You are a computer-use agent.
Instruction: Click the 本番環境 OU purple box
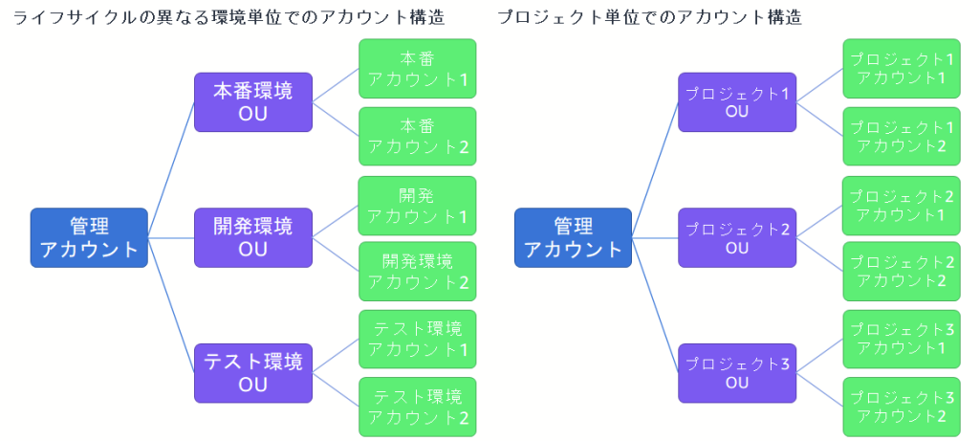pyautogui.click(x=253, y=102)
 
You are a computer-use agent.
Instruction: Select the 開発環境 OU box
pyautogui.click(x=253, y=238)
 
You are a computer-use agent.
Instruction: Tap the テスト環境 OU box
pyautogui.click(x=253, y=373)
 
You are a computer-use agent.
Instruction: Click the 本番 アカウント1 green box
pyautogui.click(x=417, y=69)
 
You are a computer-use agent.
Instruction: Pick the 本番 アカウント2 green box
pyautogui.click(x=417, y=136)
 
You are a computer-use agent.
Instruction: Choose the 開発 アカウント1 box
pyautogui.click(x=417, y=206)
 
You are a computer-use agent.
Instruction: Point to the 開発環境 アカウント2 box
pyautogui.click(x=417, y=272)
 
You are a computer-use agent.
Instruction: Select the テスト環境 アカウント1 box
pyautogui.click(x=417, y=340)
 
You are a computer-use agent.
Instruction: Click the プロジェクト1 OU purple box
pyautogui.click(x=737, y=102)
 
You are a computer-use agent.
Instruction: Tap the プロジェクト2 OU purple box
pyautogui.click(x=737, y=238)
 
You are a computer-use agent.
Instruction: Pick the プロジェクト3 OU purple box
pyautogui.click(x=737, y=373)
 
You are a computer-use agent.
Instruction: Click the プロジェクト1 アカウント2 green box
pyautogui.click(x=902, y=136)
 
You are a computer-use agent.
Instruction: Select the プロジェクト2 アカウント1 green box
pyautogui.click(x=902, y=206)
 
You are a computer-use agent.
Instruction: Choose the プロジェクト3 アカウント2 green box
pyautogui.click(x=902, y=407)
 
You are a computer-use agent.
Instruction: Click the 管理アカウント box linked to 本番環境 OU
pyautogui.click(x=89, y=238)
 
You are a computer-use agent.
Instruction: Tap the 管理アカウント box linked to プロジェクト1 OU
pyautogui.click(x=573, y=238)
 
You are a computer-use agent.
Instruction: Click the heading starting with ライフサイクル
pyautogui.click(x=228, y=17)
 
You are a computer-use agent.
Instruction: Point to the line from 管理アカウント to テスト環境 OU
pyautogui.click(x=172, y=306)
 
